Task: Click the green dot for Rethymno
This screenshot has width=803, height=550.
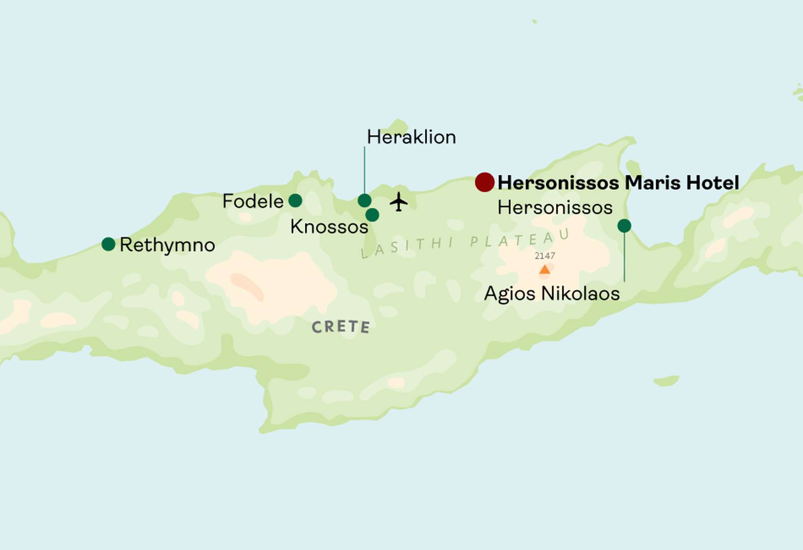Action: tap(108, 244)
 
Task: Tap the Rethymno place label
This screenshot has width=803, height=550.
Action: tap(167, 245)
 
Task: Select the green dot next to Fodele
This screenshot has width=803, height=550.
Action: tap(295, 200)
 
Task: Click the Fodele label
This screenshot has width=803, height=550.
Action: tap(253, 201)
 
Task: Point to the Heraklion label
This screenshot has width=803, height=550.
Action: tap(411, 137)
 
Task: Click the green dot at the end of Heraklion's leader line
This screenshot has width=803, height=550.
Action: tap(364, 200)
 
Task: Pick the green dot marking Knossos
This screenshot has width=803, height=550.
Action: tap(372, 215)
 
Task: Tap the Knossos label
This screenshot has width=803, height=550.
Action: tap(329, 227)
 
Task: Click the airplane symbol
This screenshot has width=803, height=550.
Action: tap(399, 202)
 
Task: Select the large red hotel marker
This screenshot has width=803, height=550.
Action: tap(485, 182)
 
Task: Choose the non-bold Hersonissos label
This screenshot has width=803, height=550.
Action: tap(555, 208)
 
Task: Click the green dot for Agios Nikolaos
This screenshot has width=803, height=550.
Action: tap(624, 226)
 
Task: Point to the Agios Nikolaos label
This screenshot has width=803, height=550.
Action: tap(552, 293)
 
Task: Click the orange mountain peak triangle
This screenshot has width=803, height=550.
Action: tap(545, 270)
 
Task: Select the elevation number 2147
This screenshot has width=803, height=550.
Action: tap(545, 256)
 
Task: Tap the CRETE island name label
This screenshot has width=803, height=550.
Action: tap(341, 327)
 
